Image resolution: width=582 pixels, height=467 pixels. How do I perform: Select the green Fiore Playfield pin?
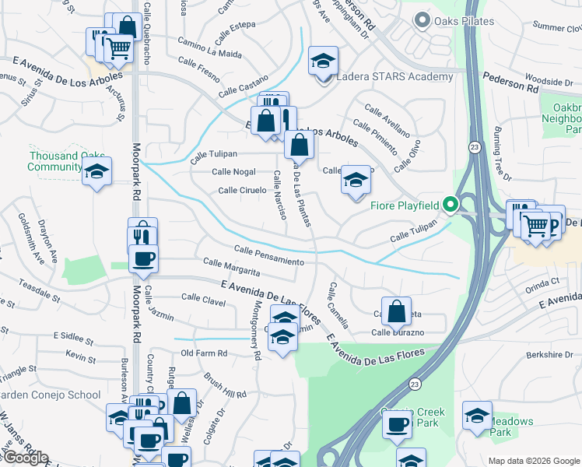tap(451, 205)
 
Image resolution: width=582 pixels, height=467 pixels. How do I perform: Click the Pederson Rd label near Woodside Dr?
tap(510, 83)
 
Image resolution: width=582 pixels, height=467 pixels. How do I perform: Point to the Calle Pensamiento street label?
tap(269, 255)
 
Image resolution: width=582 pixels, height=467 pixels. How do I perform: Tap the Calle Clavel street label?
tap(203, 297)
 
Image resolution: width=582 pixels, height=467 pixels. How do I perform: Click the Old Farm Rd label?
tap(203, 353)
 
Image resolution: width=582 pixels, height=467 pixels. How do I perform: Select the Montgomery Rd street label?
tap(256, 331)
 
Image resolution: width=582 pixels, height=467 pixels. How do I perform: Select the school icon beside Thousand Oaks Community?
tap(97, 172)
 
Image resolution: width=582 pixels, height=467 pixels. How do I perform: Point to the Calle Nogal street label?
tap(234, 172)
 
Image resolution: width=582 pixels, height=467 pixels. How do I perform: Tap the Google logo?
tap(26, 458)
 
